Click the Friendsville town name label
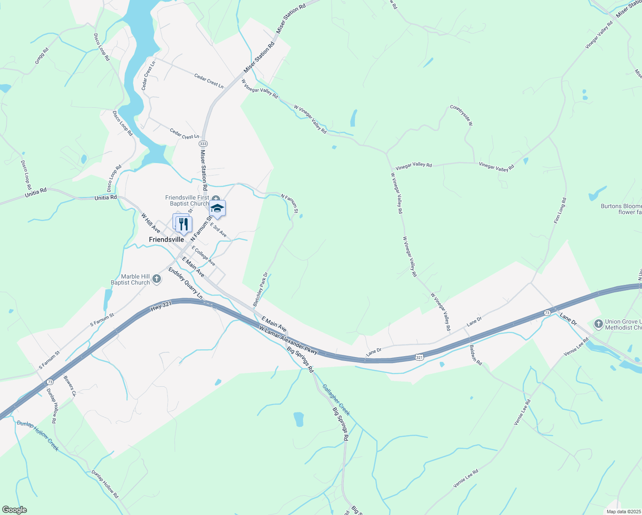(166, 239)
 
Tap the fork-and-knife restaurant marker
(184, 224)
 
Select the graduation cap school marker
(217, 209)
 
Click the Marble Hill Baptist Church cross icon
(157, 279)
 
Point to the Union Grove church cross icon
(599, 324)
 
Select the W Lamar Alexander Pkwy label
(288, 340)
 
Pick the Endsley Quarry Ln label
(185, 283)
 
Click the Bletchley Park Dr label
(260, 289)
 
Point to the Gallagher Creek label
(336, 400)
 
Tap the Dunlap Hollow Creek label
(37, 435)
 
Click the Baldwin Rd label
(475, 355)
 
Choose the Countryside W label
(461, 115)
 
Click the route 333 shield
(203, 143)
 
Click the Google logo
(14, 510)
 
